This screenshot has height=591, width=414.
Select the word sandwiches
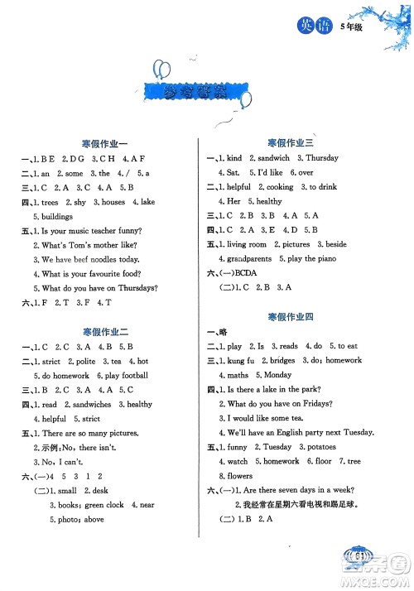pos(87,405)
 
